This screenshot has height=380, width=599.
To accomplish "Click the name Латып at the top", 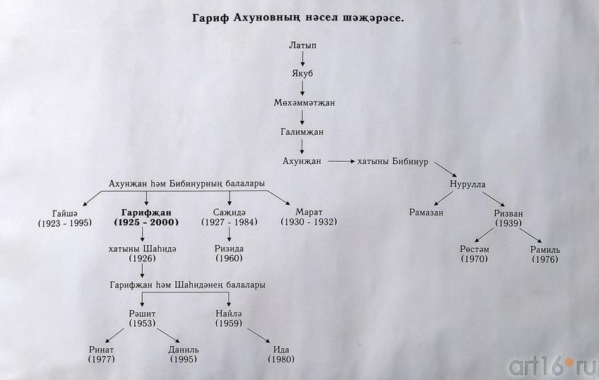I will pyautogui.click(x=302, y=45).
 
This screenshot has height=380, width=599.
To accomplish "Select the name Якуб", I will pyautogui.click(x=302, y=74).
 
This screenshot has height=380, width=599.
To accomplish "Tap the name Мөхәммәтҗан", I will pyautogui.click(x=304, y=103).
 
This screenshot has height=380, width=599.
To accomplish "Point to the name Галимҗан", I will pyautogui.click(x=302, y=132).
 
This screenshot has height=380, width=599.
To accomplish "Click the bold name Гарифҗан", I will pyautogui.click(x=146, y=212).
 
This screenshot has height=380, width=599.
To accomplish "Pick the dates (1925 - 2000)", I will pyautogui.click(x=146, y=222).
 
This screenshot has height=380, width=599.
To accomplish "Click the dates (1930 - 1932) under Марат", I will pyautogui.click(x=309, y=222).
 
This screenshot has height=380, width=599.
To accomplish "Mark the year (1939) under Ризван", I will pyautogui.click(x=509, y=223).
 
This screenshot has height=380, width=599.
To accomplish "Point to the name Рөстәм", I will pyautogui.click(x=475, y=249).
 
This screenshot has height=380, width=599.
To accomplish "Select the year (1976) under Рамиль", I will pyautogui.click(x=545, y=260).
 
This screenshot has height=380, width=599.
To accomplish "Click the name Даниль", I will pyautogui.click(x=184, y=350).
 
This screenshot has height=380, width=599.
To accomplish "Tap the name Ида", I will pyautogui.click(x=280, y=350).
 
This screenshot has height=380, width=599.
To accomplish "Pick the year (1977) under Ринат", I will pyautogui.click(x=101, y=360).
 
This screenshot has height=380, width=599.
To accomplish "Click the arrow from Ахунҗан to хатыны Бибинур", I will pyautogui.click(x=340, y=162).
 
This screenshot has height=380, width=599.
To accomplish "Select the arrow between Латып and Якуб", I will pyautogui.click(x=302, y=60).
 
